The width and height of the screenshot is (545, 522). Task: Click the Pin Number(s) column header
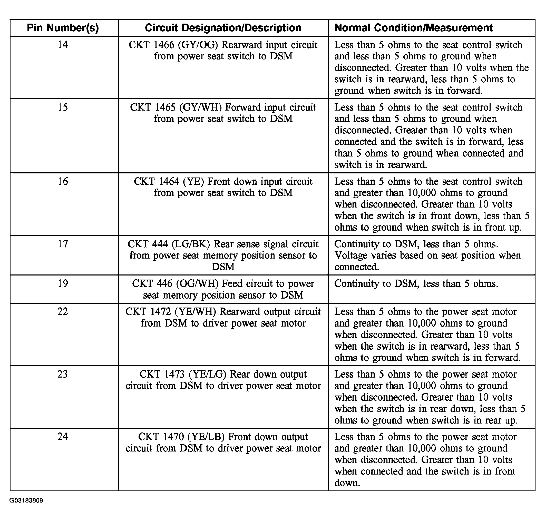[x=63, y=28]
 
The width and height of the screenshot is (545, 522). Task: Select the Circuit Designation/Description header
[x=223, y=28]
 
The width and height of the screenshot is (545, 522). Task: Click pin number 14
[x=63, y=45]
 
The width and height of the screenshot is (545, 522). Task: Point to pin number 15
[x=63, y=107]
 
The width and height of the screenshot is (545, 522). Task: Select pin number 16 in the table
[x=63, y=181]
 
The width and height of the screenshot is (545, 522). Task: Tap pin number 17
[x=63, y=244]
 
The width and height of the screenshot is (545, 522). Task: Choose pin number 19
[x=63, y=283]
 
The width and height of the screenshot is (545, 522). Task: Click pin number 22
[x=63, y=311]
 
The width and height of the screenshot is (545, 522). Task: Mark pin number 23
[x=63, y=374]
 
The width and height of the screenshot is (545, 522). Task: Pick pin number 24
[x=63, y=437]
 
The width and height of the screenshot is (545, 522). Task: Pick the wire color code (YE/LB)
[x=206, y=437]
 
